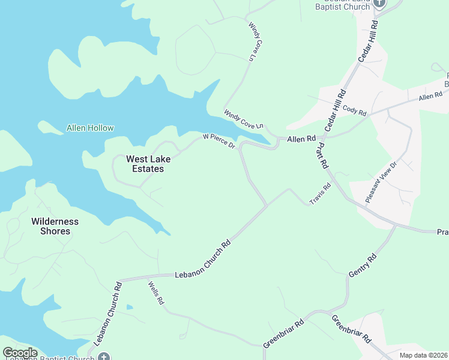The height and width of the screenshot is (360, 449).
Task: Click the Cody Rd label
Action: point(354,109)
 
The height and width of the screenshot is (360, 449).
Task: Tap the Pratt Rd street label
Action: point(322,155)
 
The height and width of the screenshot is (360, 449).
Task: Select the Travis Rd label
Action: point(320,194)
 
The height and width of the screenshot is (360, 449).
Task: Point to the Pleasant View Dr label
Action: point(382,182)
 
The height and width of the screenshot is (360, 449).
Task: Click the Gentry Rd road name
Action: point(363,266)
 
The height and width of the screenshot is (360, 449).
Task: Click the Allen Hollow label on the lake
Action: point(90,128)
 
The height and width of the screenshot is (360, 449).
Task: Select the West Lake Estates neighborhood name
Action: point(144,164)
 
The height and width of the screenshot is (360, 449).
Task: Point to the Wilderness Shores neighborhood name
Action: point(55,226)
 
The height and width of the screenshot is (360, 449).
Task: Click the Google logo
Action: point(20,353)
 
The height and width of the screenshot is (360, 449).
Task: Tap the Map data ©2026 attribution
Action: point(424,355)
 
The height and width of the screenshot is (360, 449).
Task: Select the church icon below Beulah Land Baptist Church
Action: point(378,3)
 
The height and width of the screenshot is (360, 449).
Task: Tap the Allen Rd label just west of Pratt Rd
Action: point(301,139)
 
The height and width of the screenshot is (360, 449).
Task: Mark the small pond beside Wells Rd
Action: point(129,307)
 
